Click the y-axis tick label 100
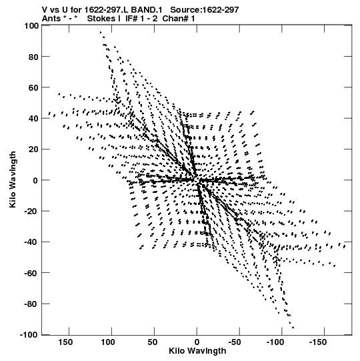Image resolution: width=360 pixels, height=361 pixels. pyautogui.click(x=31, y=26)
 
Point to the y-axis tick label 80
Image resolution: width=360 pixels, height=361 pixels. pyautogui.click(x=33, y=57)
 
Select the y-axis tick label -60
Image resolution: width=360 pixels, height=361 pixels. pyautogui.click(x=31, y=274)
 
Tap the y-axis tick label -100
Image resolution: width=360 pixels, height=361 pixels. pyautogui.click(x=29, y=335)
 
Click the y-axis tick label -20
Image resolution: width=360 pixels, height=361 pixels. pyautogui.click(x=31, y=212)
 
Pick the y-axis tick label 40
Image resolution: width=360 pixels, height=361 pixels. pyautogui.click(x=33, y=119)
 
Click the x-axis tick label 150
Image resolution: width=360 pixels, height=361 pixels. pyautogui.click(x=65, y=342)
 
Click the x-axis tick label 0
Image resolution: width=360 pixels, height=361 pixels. pyautogui.click(x=197, y=342)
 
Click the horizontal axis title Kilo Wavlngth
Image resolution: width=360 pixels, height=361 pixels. pyautogui.click(x=197, y=351)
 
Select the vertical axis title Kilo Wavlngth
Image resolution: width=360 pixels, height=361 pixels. pyautogui.click(x=13, y=179)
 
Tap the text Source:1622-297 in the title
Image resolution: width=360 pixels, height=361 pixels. pyautogui.click(x=205, y=10)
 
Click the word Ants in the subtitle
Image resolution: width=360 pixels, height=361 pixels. pyautogui.click(x=51, y=19)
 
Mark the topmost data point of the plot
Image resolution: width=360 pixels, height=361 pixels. pyautogui.click(x=101, y=32)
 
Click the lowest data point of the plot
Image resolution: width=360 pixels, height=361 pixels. pyautogui.click(x=293, y=328)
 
